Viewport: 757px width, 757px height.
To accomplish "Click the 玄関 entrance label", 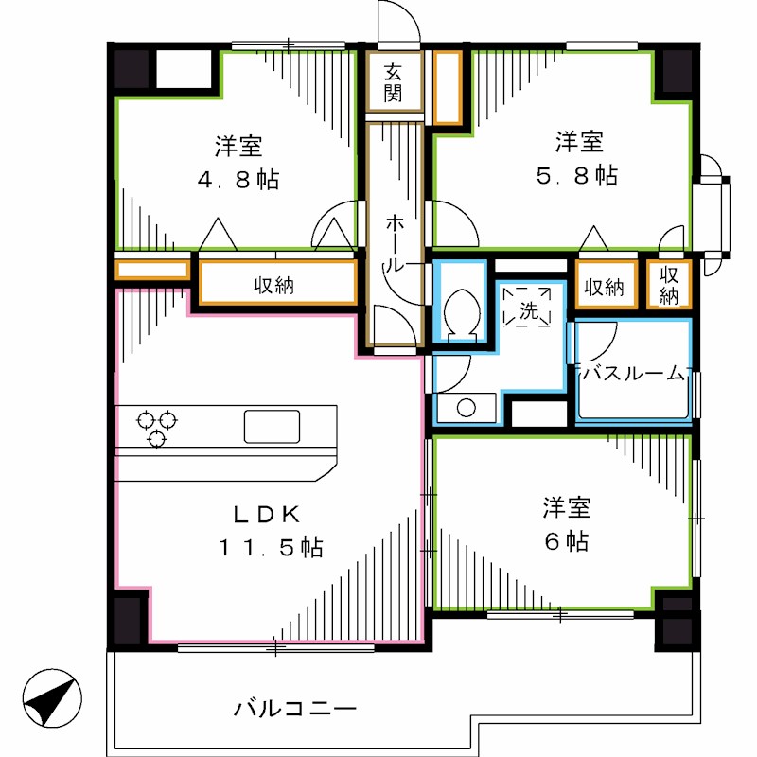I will click(394, 82).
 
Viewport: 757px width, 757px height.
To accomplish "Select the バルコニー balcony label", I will click(294, 707).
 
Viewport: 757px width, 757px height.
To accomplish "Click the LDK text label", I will click(268, 515).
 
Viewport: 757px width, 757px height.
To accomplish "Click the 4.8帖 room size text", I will click(238, 179).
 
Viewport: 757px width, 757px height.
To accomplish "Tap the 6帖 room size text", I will click(566, 541).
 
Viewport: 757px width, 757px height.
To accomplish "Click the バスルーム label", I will click(632, 373).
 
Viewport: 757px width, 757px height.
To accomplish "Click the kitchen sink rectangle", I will click(272, 427).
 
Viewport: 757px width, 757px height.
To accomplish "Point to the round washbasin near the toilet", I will click(465, 409).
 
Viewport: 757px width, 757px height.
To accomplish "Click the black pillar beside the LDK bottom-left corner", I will click(130, 619).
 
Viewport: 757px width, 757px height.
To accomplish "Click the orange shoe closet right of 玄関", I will click(447, 87).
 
